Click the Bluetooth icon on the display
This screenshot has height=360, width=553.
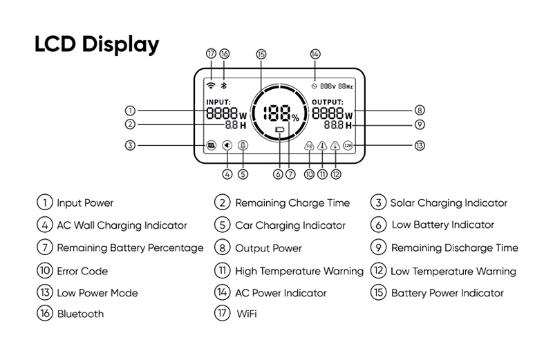click(223, 85)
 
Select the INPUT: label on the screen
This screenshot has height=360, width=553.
click(218, 102)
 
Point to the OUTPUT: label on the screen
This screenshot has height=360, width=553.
click(327, 102)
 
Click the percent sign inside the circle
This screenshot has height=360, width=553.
click(295, 118)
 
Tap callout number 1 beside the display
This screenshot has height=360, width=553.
click(130, 111)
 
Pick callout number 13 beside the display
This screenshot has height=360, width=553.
click(420, 146)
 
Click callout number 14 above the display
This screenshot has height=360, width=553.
click(315, 54)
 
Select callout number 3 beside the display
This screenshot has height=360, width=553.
click(130, 146)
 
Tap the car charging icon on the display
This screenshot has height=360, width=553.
click(243, 146)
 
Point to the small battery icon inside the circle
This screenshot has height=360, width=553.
click(279, 129)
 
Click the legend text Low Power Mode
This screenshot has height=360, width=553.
click(97, 293)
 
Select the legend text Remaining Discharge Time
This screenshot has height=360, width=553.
click(454, 248)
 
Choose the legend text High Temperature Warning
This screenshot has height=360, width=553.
click(299, 271)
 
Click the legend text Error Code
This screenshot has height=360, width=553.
click(82, 272)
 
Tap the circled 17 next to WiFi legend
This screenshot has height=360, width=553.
click(222, 314)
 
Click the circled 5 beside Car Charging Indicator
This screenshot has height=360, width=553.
click(222, 225)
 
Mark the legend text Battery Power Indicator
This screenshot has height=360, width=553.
click(447, 293)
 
